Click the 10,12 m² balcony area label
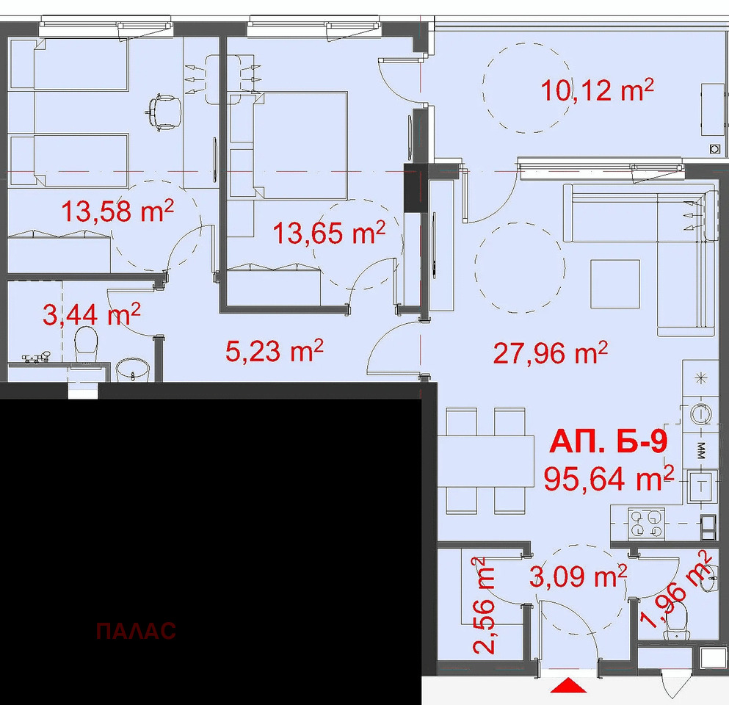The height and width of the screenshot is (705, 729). (598, 90)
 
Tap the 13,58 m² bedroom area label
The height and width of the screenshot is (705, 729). (117, 211)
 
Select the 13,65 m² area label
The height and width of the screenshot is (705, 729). (329, 233)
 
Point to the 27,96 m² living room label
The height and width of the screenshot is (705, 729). (551, 353)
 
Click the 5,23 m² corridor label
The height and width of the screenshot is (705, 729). (275, 350)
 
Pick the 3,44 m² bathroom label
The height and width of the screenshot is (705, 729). (92, 314)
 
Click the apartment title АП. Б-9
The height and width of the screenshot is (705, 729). (608, 441)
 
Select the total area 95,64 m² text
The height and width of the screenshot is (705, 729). (609, 478)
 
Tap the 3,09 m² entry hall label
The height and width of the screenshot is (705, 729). (579, 576)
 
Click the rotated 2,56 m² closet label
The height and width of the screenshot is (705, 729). (484, 605)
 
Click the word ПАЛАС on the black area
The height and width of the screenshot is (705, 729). (136, 631)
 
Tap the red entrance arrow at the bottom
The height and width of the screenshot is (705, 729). (568, 685)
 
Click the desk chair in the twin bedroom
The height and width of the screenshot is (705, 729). (163, 112)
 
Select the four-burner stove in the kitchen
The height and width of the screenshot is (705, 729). (647, 523)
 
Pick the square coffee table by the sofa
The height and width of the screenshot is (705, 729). (615, 283)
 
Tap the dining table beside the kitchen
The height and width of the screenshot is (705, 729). (486, 461)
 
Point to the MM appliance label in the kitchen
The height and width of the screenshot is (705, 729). (701, 450)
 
